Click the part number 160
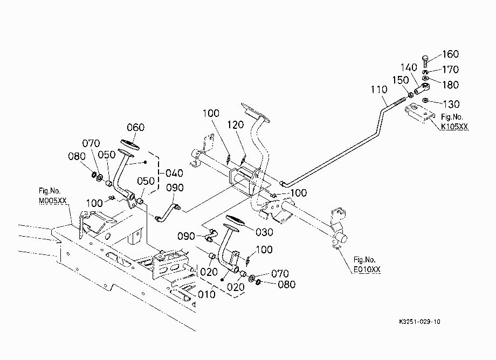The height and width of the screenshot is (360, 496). click(450, 54)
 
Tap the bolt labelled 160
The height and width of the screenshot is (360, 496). click(426, 61)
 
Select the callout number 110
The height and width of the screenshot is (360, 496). click(379, 89)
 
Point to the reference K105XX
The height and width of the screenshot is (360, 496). click(454, 127)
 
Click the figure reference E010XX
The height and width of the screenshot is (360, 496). click(367, 269)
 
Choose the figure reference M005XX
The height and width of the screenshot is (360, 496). click(53, 200)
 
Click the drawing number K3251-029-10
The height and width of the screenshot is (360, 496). click(419, 322)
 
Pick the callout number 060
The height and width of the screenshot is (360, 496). click(135, 127)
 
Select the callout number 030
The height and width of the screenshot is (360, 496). click(264, 232)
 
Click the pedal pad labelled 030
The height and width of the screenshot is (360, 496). click(236, 220)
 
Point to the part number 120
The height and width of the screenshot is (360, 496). click(236, 125)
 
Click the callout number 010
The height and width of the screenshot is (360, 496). click(206, 295)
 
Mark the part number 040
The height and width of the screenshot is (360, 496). click(174, 173)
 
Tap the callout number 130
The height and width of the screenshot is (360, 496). click(451, 104)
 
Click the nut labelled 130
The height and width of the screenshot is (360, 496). click(425, 101)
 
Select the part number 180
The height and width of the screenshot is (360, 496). click(450, 85)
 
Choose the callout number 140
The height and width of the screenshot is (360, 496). click(409, 68)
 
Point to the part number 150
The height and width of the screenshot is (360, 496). click(401, 80)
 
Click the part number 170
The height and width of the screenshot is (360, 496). click(450, 70)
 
